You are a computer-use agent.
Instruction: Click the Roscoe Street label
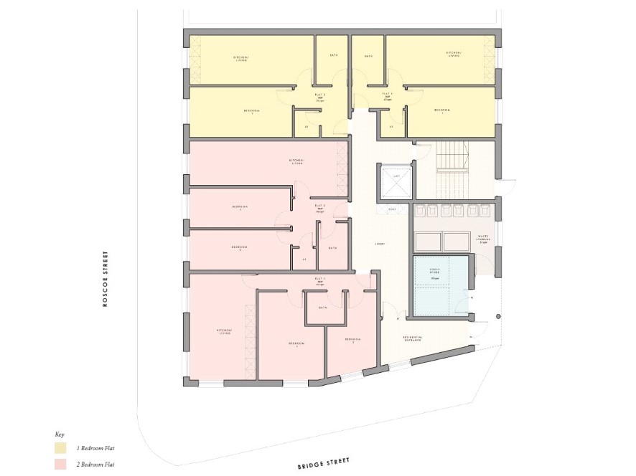pos(105,278)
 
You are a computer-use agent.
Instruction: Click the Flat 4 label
pos(388,95)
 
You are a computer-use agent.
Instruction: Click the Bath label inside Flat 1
pos(323,308)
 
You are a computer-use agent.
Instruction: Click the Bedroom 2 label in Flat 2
pos(240,248)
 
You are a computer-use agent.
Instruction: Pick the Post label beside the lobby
pos(393,209)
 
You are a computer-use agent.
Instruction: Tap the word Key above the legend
pos(60,434)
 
